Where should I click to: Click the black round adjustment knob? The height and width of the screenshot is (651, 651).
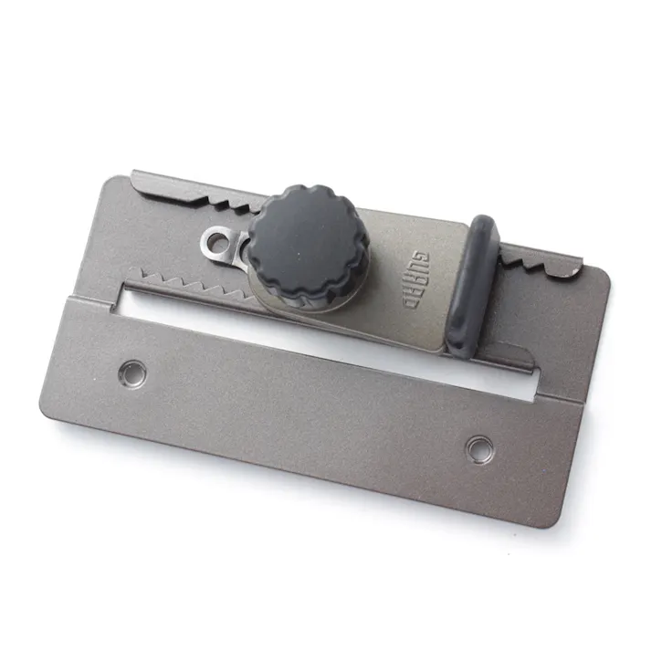coord(309,245)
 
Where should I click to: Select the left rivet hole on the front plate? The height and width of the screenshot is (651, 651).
coord(132,371)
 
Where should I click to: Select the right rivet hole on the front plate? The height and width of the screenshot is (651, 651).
coord(478,447)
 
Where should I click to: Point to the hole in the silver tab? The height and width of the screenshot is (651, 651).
coord(217,241)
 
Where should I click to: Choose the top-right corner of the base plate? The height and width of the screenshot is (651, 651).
coord(608,272)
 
